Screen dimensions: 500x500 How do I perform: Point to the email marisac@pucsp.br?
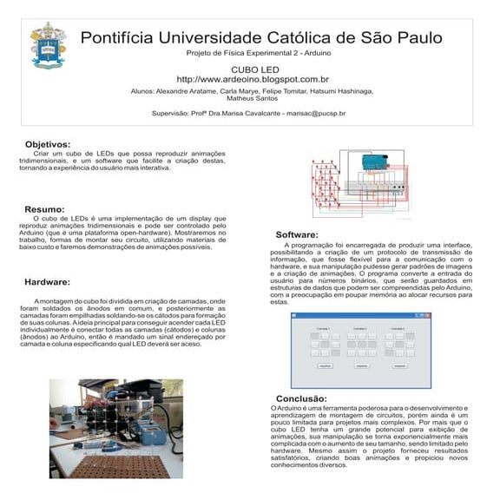(x=313, y=113)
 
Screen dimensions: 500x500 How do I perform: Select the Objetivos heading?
(x=48, y=144)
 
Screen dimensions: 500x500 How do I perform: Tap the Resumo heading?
(x=44, y=209)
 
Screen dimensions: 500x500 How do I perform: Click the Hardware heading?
(x=48, y=283)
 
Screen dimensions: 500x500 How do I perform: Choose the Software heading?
(x=297, y=235)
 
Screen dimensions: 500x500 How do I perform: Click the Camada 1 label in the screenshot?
(x=322, y=329)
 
